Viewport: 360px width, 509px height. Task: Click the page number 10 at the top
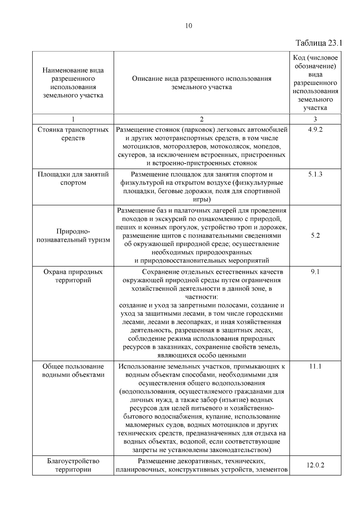tap(189, 26)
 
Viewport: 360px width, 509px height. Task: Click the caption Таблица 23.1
tap(319, 43)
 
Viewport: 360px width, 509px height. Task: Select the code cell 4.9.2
tap(315, 130)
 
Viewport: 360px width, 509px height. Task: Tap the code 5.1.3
tap(315, 175)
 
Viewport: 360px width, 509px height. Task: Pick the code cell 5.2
tap(315, 235)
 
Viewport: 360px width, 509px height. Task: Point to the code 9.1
tap(315, 272)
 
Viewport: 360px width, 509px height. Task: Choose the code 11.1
tap(315, 367)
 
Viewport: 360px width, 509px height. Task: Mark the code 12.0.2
tap(315, 466)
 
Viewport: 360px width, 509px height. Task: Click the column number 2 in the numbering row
tap(202, 119)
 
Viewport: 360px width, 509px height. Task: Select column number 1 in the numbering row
tap(73, 119)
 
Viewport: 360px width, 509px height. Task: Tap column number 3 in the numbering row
tap(315, 119)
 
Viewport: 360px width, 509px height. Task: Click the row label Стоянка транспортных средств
tap(73, 134)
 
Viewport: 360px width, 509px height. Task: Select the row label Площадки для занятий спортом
tap(73, 179)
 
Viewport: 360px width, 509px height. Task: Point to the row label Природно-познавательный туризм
tap(73, 236)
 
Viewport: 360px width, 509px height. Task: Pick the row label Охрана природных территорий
tap(73, 276)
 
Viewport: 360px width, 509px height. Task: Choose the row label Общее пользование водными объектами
tap(73, 371)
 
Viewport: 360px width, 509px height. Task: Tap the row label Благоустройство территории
tap(73, 465)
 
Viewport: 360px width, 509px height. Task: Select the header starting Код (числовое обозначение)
tap(315, 83)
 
